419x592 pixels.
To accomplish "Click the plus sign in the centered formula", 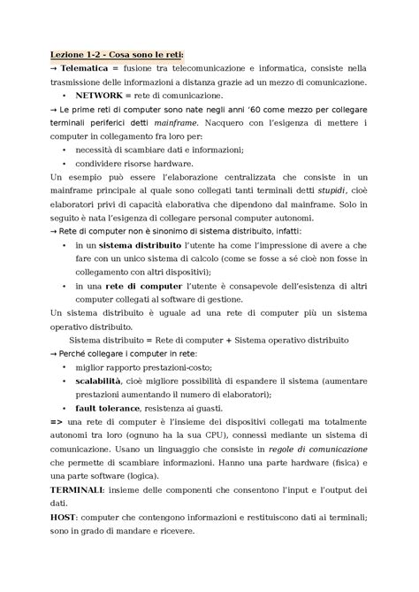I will click(x=227, y=339).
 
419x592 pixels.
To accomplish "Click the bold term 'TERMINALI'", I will click(x=77, y=488).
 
